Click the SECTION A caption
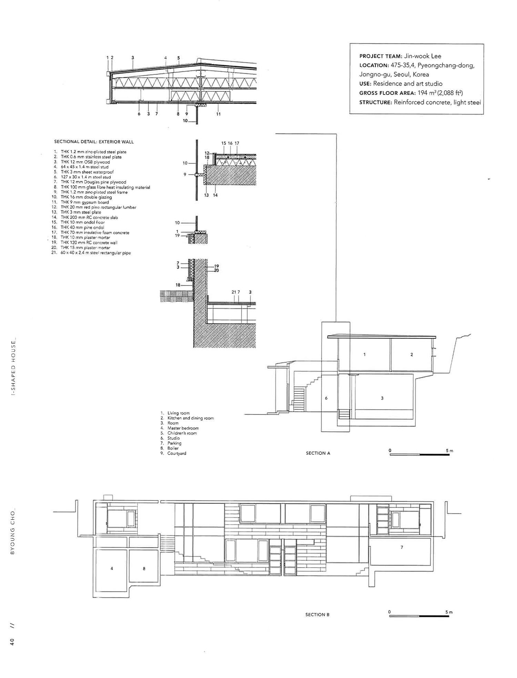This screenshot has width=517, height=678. click(318, 453)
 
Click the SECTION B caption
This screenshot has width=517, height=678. click(317, 615)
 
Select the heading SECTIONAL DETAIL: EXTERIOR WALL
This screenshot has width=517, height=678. click(94, 142)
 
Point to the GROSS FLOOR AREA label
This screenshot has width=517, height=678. click(387, 93)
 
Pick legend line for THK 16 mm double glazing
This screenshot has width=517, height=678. click(86, 197)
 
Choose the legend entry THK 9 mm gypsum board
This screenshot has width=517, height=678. click(85, 202)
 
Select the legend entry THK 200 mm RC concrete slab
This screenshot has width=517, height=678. click(89, 218)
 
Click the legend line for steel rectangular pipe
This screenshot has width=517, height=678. click(95, 253)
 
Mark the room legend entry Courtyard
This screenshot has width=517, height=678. click(176, 453)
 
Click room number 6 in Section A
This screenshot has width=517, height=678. click(326, 398)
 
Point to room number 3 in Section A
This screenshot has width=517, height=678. click(382, 398)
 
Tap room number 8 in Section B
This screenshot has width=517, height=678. click(144, 569)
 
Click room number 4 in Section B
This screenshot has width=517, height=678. click(112, 569)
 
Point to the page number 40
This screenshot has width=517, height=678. click(12, 642)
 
